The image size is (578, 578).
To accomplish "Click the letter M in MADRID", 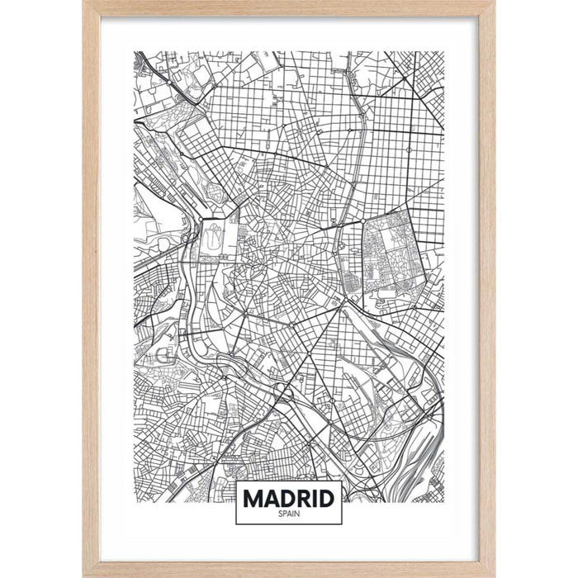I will (x=253, y=499).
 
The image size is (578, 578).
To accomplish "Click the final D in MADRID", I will (x=329, y=499).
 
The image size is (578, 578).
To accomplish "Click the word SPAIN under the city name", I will (x=288, y=514).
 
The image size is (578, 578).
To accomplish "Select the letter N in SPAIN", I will (x=297, y=514).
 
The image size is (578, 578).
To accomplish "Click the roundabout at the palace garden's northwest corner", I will (x=201, y=220).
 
